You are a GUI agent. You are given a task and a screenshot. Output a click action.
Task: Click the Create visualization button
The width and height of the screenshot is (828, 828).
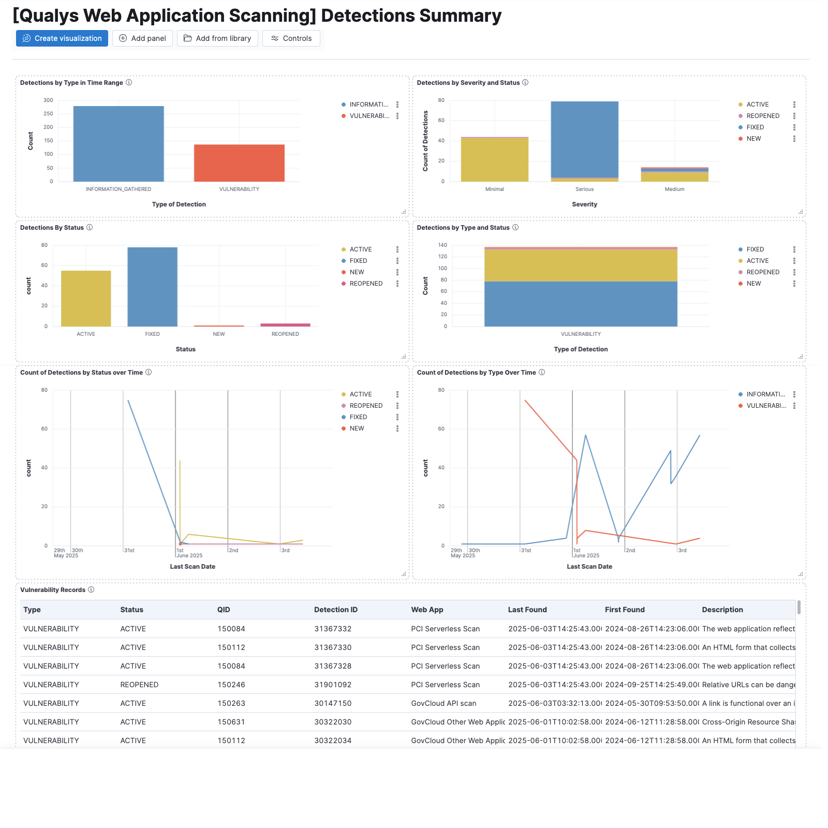[x=62, y=38]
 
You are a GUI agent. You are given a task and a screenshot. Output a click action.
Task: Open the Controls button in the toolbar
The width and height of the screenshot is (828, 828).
[x=291, y=38]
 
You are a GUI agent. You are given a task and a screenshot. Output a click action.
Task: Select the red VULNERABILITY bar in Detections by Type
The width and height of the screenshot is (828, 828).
[x=239, y=163]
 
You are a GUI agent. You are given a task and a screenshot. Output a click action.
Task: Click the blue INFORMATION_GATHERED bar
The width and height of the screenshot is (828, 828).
[x=119, y=144]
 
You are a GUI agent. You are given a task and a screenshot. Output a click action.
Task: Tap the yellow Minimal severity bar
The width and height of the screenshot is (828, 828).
[x=494, y=159]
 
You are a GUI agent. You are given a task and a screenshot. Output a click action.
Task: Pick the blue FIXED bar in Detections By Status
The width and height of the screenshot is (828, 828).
[x=152, y=287]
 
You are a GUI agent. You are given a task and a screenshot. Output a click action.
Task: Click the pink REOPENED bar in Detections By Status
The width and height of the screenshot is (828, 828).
[x=285, y=325]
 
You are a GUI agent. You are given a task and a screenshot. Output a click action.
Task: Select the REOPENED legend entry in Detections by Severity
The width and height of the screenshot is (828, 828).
[x=762, y=116]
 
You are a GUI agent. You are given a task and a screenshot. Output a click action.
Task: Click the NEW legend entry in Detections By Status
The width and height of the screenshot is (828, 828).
[x=357, y=272]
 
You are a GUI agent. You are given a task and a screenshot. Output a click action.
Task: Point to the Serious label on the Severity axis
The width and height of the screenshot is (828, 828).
[x=584, y=189]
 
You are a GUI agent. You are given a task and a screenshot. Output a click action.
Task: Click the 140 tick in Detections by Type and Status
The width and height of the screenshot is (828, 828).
[x=442, y=245]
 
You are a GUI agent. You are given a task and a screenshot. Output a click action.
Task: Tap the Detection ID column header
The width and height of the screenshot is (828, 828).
[x=335, y=610]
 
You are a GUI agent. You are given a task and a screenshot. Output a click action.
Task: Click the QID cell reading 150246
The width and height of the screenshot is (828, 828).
[x=231, y=685]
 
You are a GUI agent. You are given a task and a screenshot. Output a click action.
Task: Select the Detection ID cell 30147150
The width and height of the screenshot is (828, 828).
[x=333, y=703]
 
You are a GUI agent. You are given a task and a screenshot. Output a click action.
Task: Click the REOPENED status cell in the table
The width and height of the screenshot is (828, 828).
[x=139, y=685]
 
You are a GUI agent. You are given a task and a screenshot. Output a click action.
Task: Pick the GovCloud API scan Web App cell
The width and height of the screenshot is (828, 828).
[x=443, y=703]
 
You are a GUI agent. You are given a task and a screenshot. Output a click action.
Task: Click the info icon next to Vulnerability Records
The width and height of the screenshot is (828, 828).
[x=91, y=589]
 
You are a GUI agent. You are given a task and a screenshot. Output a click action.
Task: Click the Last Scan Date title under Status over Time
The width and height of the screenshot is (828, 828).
[x=193, y=567]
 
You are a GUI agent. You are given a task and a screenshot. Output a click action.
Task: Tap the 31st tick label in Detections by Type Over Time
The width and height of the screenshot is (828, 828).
[x=526, y=551]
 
